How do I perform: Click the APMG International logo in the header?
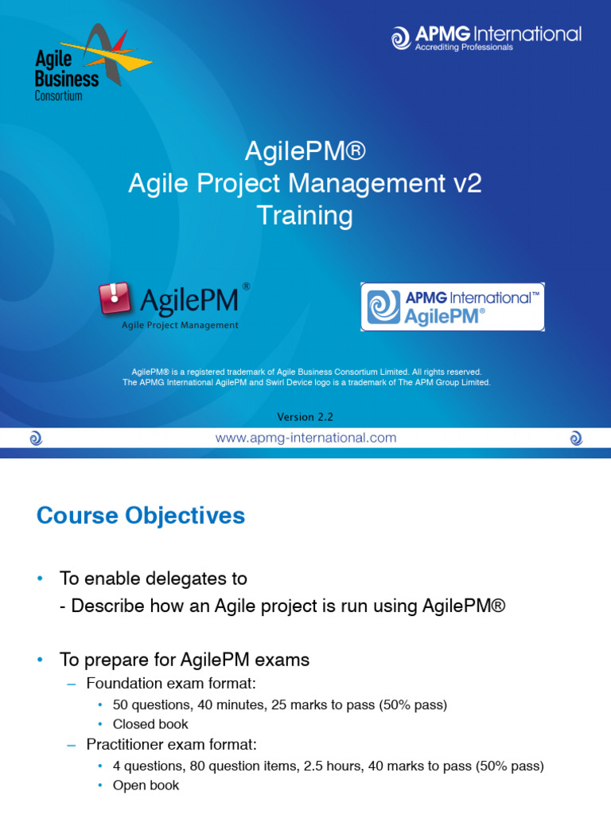click(x=486, y=37)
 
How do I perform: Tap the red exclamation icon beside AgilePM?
click(x=115, y=298)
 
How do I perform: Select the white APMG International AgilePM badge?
click(x=452, y=306)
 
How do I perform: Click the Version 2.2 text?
click(x=306, y=417)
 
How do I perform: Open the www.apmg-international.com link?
click(x=306, y=438)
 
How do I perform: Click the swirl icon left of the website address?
click(x=36, y=438)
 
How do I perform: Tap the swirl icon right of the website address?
click(x=576, y=438)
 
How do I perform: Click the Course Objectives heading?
click(x=141, y=516)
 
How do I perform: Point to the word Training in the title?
click(x=305, y=216)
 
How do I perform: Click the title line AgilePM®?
click(x=305, y=151)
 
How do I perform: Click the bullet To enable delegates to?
click(x=154, y=579)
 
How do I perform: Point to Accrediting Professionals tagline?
click(x=464, y=48)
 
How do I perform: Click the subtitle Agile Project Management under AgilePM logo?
click(x=179, y=325)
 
